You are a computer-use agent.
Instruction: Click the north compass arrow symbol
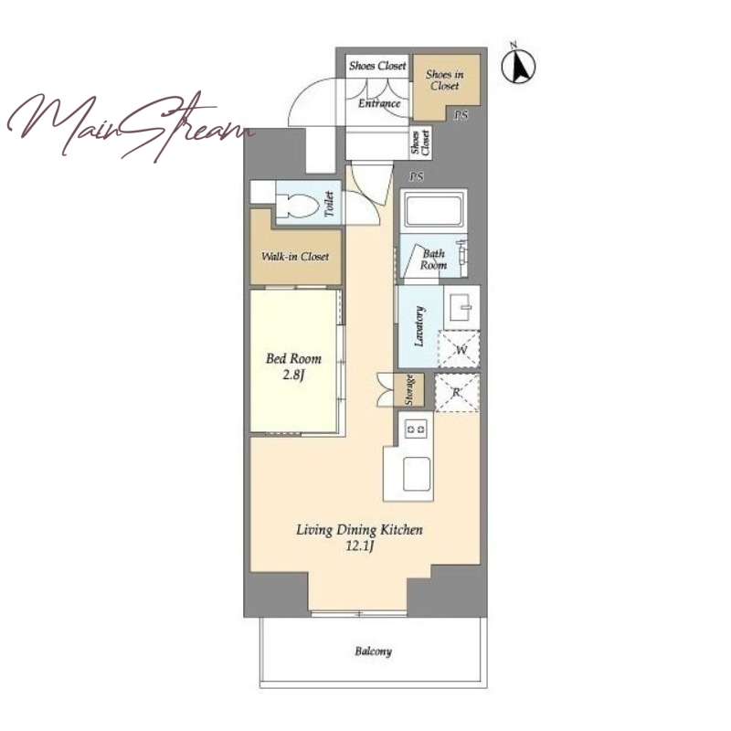518,64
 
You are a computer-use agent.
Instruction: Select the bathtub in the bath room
433,211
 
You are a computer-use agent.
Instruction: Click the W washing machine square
460,350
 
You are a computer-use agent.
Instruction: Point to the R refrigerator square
457,393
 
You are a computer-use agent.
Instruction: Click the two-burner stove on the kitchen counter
416,429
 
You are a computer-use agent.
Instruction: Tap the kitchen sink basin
417,473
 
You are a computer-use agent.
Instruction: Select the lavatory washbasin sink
461,307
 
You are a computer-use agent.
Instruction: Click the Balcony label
373,652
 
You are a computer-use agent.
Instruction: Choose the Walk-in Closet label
295,257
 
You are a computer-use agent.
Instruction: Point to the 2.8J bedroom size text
293,375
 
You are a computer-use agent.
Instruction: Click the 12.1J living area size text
359,546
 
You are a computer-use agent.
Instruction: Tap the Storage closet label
409,390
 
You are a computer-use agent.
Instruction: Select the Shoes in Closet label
444,79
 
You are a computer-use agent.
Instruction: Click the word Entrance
379,103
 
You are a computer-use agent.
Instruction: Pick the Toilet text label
329,204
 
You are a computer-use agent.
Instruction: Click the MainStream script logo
131,126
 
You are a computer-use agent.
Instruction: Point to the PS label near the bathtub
417,176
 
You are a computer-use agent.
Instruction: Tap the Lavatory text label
419,326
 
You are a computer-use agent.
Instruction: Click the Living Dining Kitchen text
359,530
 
